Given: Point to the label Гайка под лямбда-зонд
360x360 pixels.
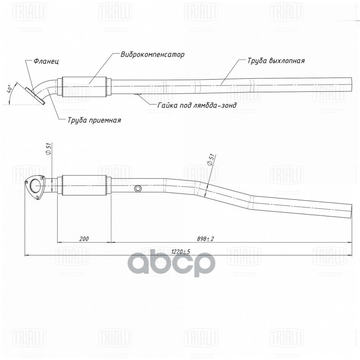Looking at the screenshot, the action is pyautogui.click(x=197, y=105).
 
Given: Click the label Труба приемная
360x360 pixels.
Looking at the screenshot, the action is pyautogui.click(x=94, y=120).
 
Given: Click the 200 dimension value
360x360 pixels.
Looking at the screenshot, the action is pyautogui.click(x=83, y=238).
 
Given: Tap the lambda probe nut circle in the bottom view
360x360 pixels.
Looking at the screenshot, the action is pyautogui.click(x=139, y=189).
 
